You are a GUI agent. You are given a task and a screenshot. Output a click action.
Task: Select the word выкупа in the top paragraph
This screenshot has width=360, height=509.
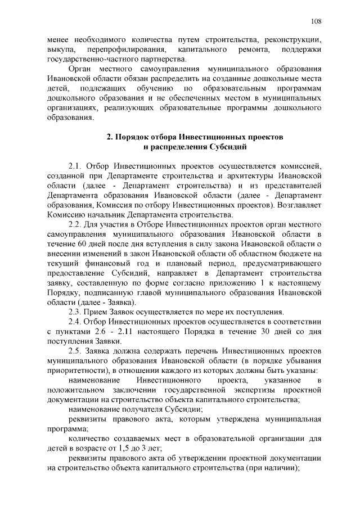click(61, 51)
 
